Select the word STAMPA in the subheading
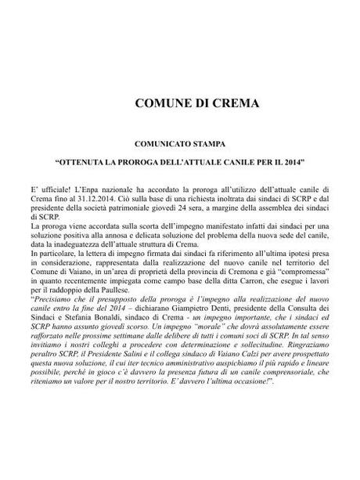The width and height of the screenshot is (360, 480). pos(204,145)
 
